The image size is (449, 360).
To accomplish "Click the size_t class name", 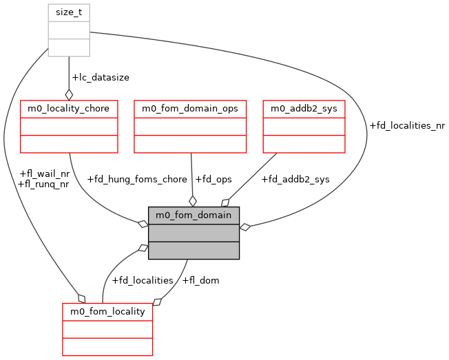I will [x=69, y=12].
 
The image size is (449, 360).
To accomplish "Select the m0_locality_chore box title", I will [x=69, y=108].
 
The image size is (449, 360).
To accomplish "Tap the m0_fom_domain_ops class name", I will [x=190, y=108].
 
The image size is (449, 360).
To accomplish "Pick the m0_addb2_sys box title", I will [x=304, y=108].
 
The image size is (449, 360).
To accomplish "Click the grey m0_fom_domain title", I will [x=194, y=215].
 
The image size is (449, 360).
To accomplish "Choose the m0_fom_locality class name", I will [x=107, y=311].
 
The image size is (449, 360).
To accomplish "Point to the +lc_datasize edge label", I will [x=101, y=78].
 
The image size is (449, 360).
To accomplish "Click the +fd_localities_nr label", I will [x=407, y=126].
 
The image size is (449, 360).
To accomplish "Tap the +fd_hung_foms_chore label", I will [x=137, y=179].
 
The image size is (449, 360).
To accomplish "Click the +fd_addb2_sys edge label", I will [x=295, y=179].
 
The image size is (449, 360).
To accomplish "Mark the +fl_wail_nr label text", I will [x=45, y=173].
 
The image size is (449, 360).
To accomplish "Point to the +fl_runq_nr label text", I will [x=45, y=184].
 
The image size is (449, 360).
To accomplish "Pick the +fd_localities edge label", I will [x=143, y=280].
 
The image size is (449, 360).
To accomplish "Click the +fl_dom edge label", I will [x=201, y=280].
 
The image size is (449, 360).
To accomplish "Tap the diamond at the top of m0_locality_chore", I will [x=69, y=94].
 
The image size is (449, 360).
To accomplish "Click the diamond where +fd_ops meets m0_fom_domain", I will [x=193, y=201].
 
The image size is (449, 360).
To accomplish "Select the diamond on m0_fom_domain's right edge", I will [x=244, y=226].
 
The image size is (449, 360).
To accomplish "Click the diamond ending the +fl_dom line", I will [x=157, y=301].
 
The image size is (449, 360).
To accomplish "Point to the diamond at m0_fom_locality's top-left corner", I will [x=81, y=298].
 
